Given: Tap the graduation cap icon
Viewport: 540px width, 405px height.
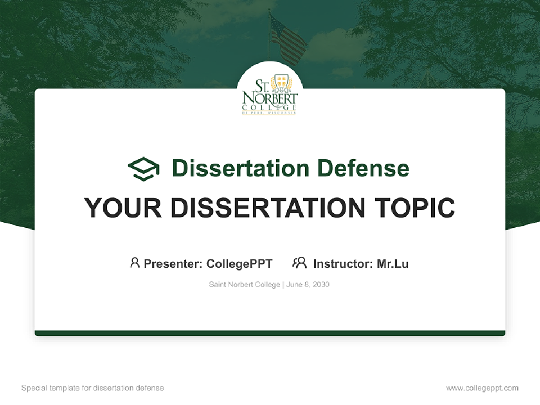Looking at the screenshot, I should (x=143, y=169).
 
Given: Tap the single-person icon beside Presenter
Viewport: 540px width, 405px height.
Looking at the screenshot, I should (x=134, y=263).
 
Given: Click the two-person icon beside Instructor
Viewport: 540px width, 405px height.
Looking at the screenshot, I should (x=300, y=263).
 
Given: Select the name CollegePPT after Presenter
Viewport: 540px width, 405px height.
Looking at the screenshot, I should (x=240, y=264).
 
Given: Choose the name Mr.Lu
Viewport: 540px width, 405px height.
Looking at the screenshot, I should (x=393, y=264).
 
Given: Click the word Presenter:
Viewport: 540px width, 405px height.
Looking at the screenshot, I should (x=173, y=264).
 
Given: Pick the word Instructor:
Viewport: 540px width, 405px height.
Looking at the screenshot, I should (x=343, y=264).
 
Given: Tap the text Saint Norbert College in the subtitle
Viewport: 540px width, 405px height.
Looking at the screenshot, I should (x=244, y=285).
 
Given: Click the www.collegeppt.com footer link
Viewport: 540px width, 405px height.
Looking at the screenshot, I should (x=482, y=388).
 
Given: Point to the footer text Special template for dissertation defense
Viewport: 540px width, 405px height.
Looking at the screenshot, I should (x=93, y=388).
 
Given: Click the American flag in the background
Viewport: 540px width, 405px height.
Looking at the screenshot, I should (x=287, y=38).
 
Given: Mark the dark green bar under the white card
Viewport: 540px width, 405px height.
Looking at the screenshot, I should (x=270, y=333).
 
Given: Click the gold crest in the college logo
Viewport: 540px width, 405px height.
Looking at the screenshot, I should (x=281, y=85).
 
